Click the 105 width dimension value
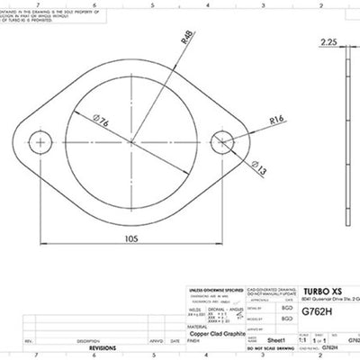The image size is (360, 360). (132, 238)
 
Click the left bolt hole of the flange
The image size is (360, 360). (40, 141)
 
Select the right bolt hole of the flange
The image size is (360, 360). (223, 141)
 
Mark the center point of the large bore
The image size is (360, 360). (132, 141)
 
